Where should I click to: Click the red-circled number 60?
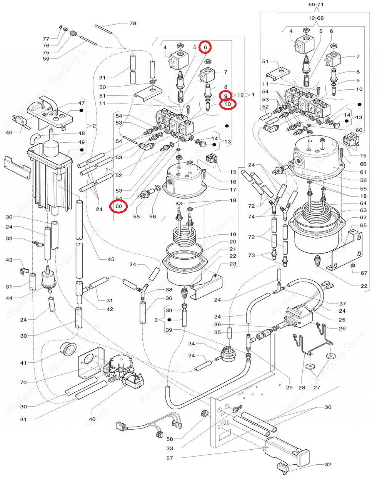point(119,207)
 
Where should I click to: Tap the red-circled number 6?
point(205,47)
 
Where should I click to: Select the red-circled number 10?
point(227,104)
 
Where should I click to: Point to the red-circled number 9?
point(226,95)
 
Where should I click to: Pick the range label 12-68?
point(316,18)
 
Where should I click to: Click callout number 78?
point(133,23)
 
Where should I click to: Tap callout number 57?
point(170,458)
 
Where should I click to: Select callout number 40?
point(92,419)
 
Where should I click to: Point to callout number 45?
point(111,259)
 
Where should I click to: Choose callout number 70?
point(23,382)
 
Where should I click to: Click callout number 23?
point(233,264)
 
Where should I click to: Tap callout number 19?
point(233,234)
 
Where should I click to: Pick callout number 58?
point(170,439)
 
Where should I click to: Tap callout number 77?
point(46,39)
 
